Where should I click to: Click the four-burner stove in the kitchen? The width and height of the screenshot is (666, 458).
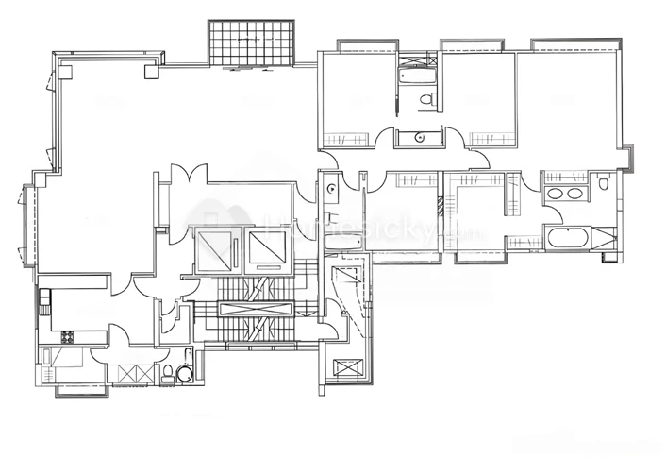66,336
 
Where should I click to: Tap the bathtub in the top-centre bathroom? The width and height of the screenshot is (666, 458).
415,76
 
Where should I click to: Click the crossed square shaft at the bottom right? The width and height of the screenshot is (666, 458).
347,367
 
